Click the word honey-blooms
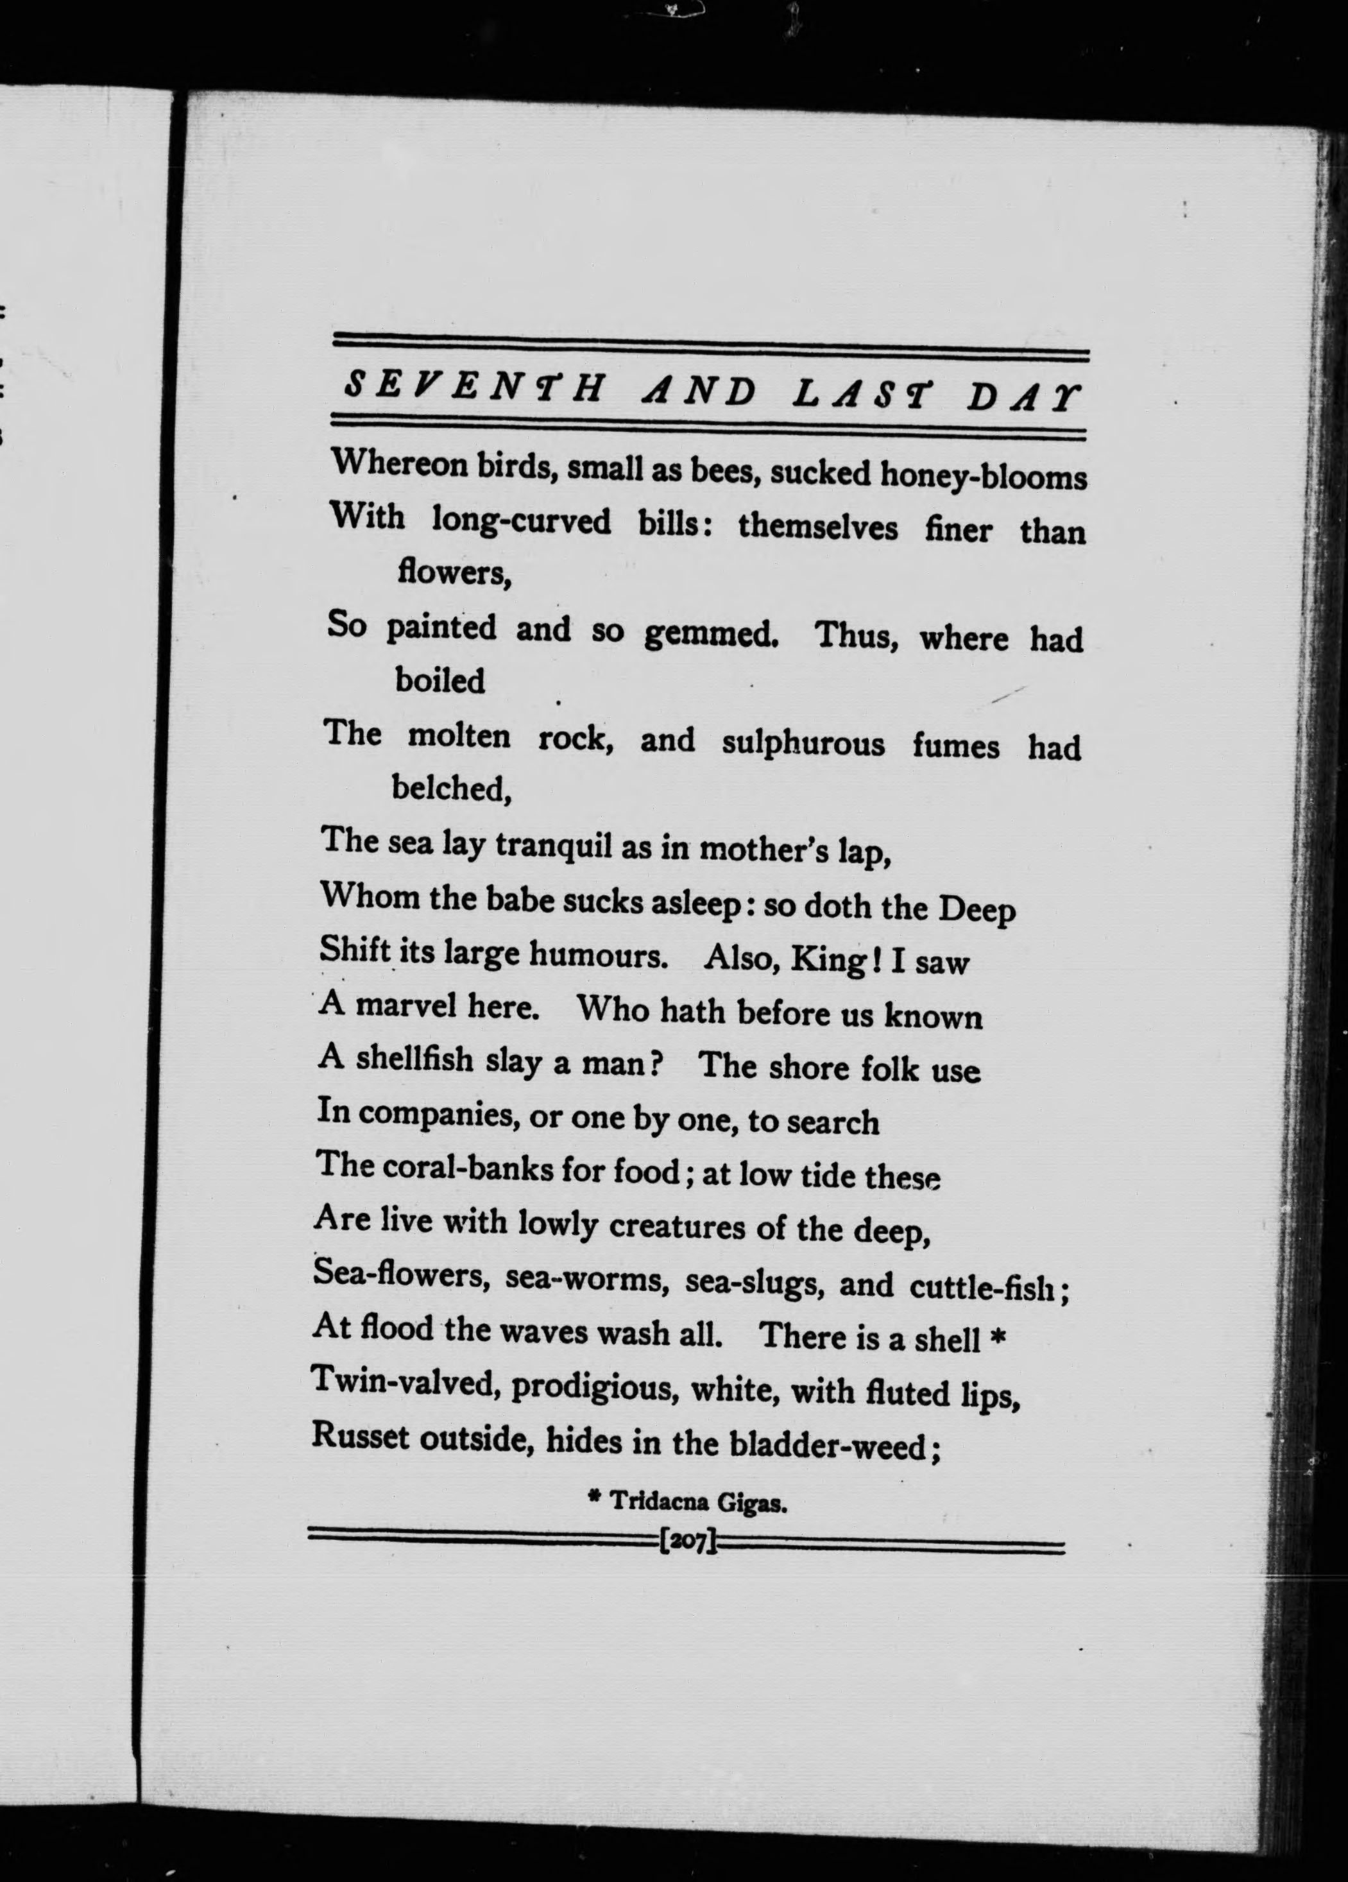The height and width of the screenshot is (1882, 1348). click(983, 475)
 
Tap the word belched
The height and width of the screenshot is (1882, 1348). click(450, 789)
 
